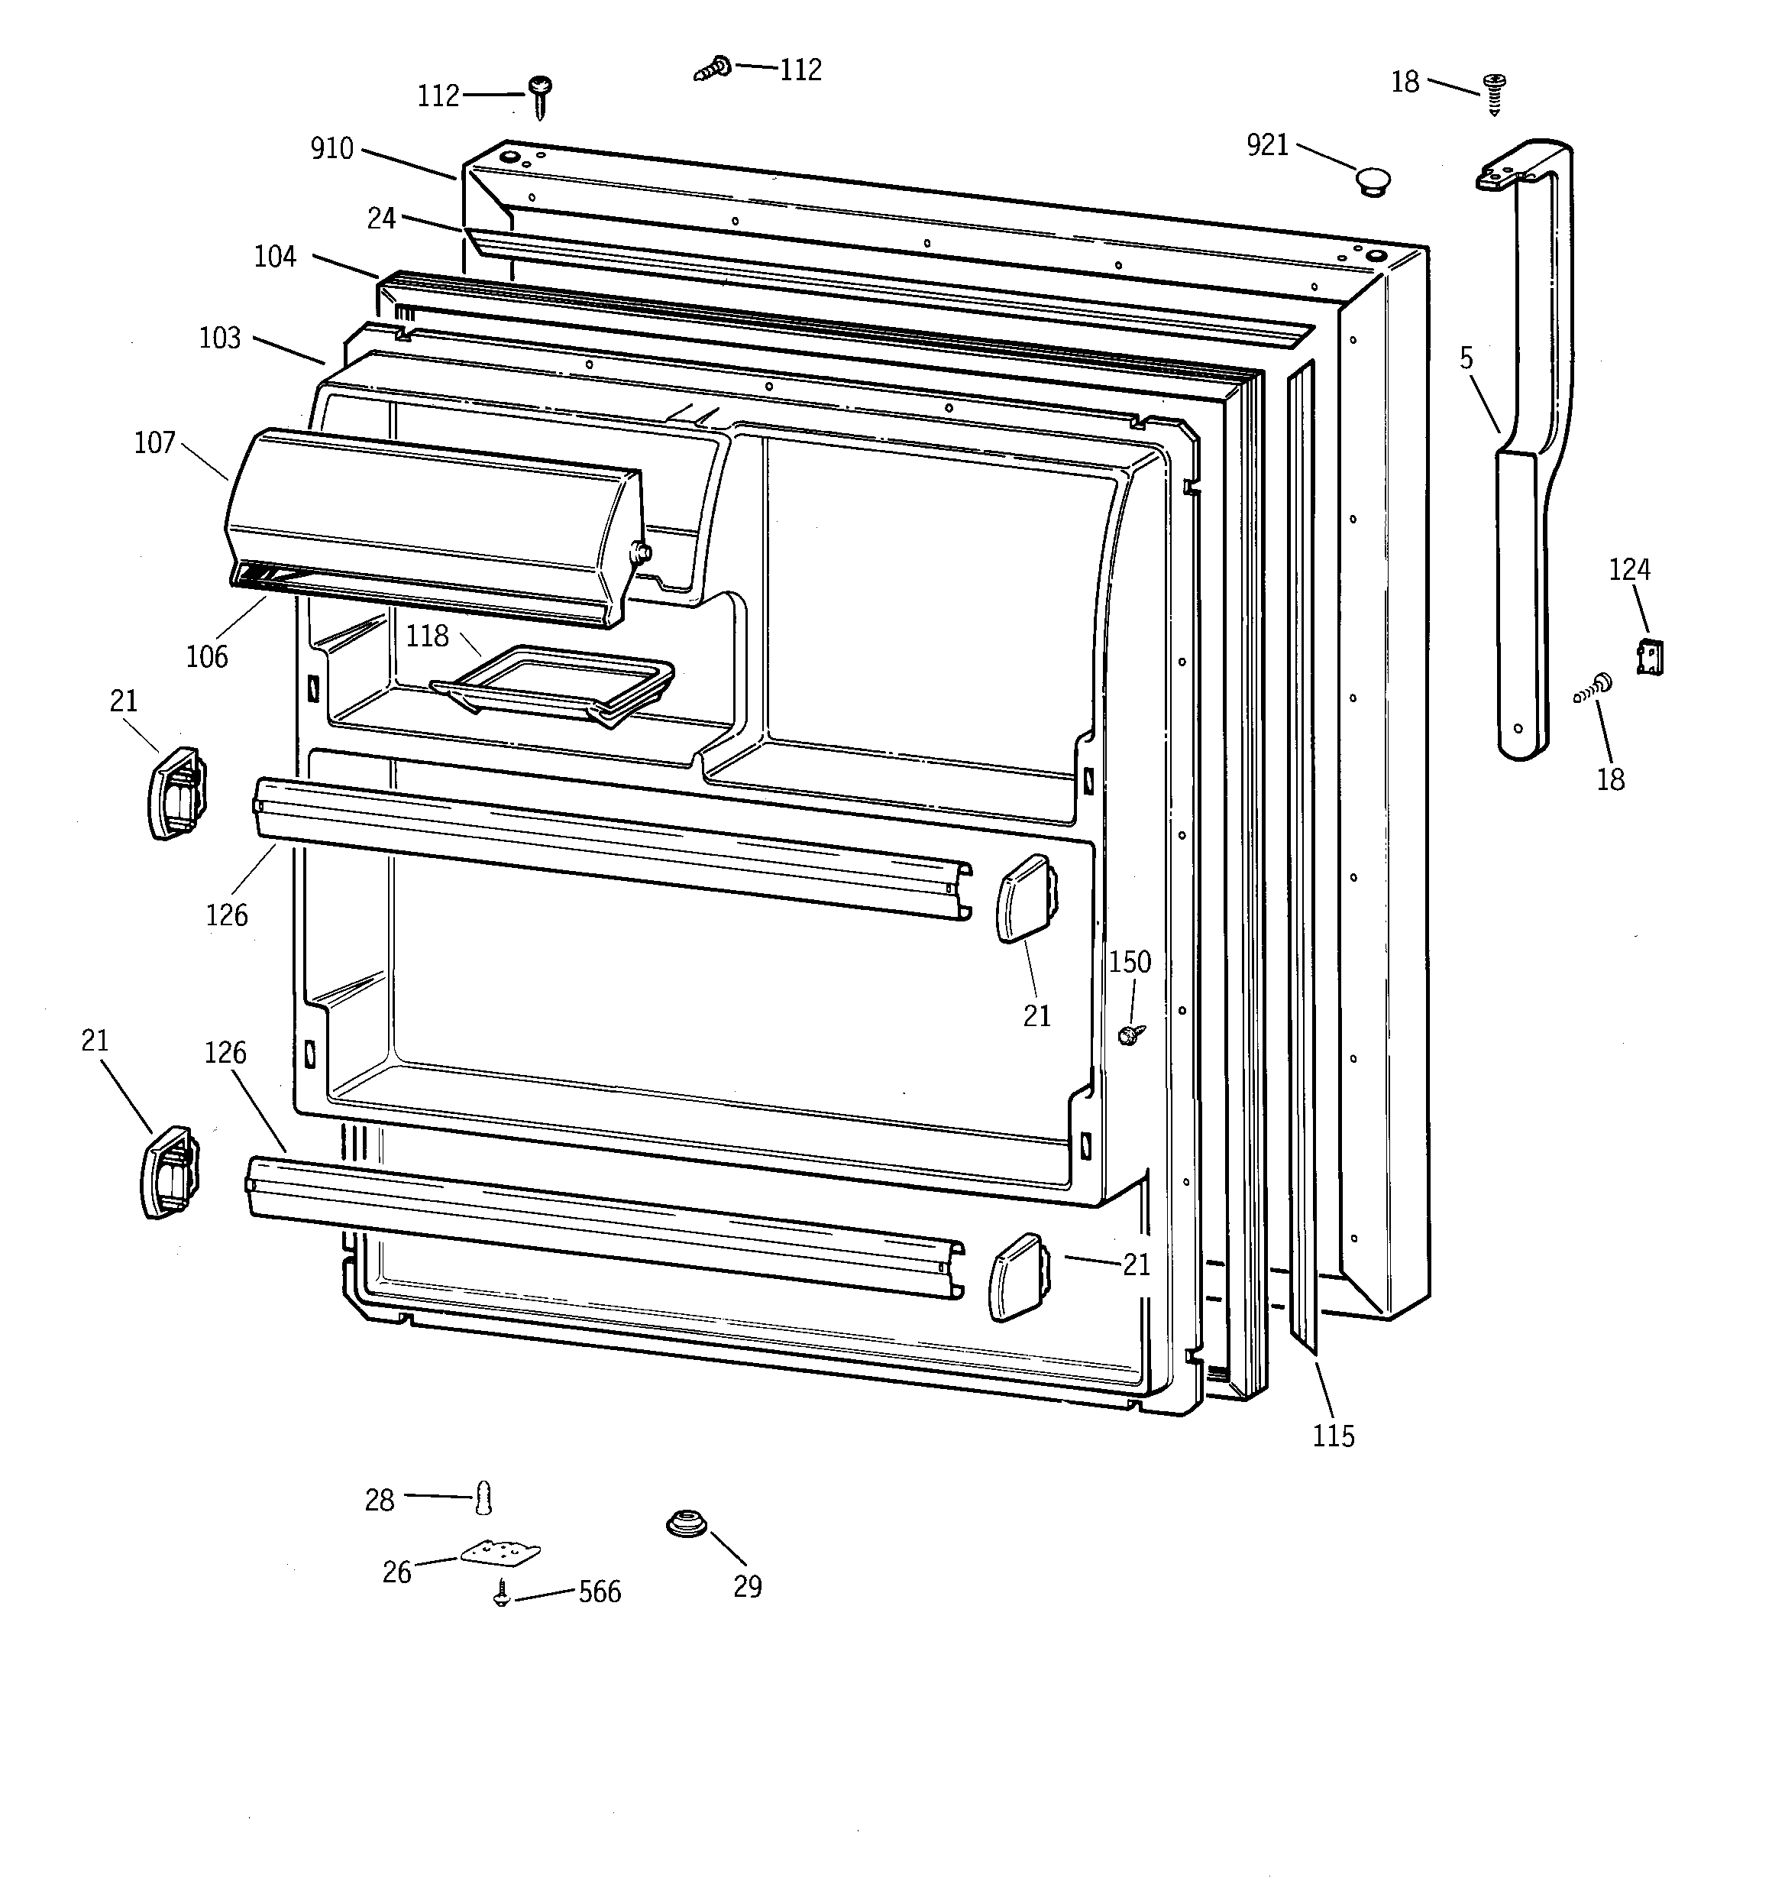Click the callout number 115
[x=1333, y=1436]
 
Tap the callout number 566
[x=600, y=1592]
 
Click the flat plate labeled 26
[x=500, y=1553]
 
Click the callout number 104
[x=275, y=257]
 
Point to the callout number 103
[x=220, y=338]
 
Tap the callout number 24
[x=381, y=219]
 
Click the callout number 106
[x=206, y=656]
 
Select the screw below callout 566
[x=501, y=1593]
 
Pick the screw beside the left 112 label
[x=542, y=94]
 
